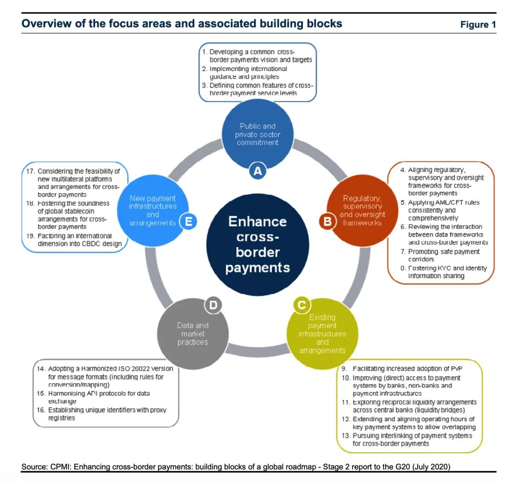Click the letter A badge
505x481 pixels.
click(x=257, y=171)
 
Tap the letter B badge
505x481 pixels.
click(x=327, y=221)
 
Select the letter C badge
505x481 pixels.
click(x=302, y=306)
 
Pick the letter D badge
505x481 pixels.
click(x=213, y=306)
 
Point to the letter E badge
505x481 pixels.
click(x=188, y=221)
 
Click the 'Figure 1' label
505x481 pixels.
click(x=478, y=24)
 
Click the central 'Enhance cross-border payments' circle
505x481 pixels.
click(x=258, y=244)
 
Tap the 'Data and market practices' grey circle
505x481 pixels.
click(x=193, y=334)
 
